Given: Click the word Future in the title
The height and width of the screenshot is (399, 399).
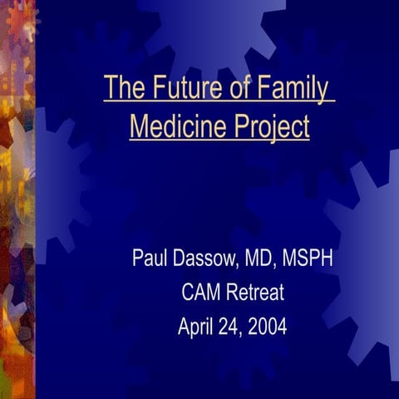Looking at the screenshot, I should [x=179, y=87].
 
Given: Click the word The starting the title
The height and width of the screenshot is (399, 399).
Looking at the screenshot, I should [x=121, y=87].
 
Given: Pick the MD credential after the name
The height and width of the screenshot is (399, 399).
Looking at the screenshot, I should [x=261, y=259].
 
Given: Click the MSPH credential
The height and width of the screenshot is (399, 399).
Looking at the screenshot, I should [x=309, y=259].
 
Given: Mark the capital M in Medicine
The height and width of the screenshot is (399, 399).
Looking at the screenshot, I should [x=140, y=127].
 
